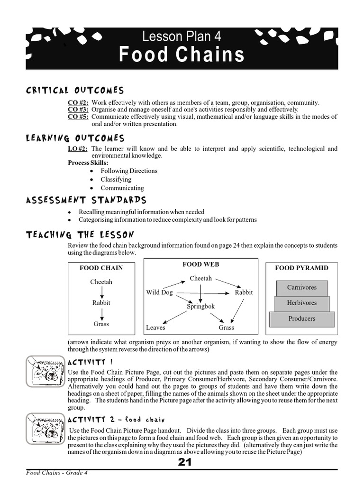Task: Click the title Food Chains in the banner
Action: coord(182,55)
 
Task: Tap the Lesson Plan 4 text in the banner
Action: coord(182,37)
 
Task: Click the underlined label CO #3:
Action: coord(78,109)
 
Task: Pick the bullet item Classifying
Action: coord(116,179)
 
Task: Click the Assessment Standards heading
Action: coord(86,200)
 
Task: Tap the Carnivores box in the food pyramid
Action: coord(301,287)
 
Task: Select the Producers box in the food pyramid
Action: coord(301,318)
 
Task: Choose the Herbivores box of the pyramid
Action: coord(301,303)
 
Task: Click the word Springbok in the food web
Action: coord(201,307)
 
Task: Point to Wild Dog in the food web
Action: coord(159,292)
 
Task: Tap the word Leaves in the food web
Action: coord(155,327)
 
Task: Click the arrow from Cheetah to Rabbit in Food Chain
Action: coord(101,292)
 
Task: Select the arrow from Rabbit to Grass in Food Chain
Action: coord(101,313)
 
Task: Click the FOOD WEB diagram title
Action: coord(201,264)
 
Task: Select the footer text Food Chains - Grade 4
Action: coord(57,473)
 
